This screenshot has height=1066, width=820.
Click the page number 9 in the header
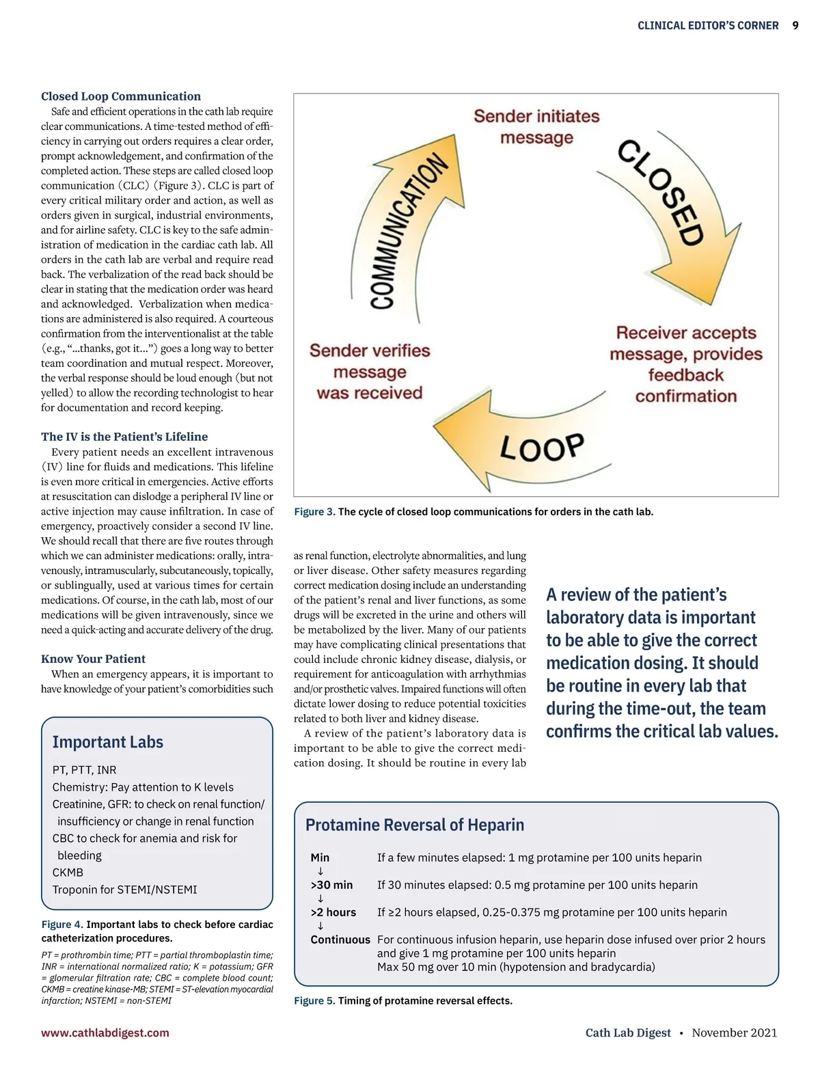[x=795, y=25]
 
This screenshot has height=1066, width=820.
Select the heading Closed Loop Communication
[x=121, y=96]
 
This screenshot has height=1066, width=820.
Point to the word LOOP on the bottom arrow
[x=542, y=448]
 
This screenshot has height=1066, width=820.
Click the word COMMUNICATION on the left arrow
[x=408, y=232]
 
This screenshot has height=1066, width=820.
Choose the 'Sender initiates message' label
[x=536, y=127]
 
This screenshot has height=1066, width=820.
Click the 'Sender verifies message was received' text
[x=370, y=372]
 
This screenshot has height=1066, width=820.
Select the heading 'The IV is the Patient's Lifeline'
[x=124, y=437]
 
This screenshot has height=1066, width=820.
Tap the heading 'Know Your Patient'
[x=93, y=659]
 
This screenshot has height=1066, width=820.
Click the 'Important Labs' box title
[x=108, y=742]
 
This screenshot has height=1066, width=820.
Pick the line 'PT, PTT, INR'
[x=85, y=770]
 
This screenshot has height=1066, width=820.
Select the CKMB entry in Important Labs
[x=68, y=873]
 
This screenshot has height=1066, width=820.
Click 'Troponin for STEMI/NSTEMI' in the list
[x=124, y=890]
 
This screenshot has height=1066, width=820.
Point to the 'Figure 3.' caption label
[x=314, y=512]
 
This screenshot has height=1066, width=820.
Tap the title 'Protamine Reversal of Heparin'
[x=415, y=825]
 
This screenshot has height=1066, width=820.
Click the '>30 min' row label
[x=331, y=885]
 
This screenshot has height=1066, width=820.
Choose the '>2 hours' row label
[x=333, y=912]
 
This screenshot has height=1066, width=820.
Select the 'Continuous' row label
[x=340, y=940]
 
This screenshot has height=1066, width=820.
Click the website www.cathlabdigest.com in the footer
[x=105, y=1033]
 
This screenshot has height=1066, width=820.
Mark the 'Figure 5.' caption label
[x=314, y=1001]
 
